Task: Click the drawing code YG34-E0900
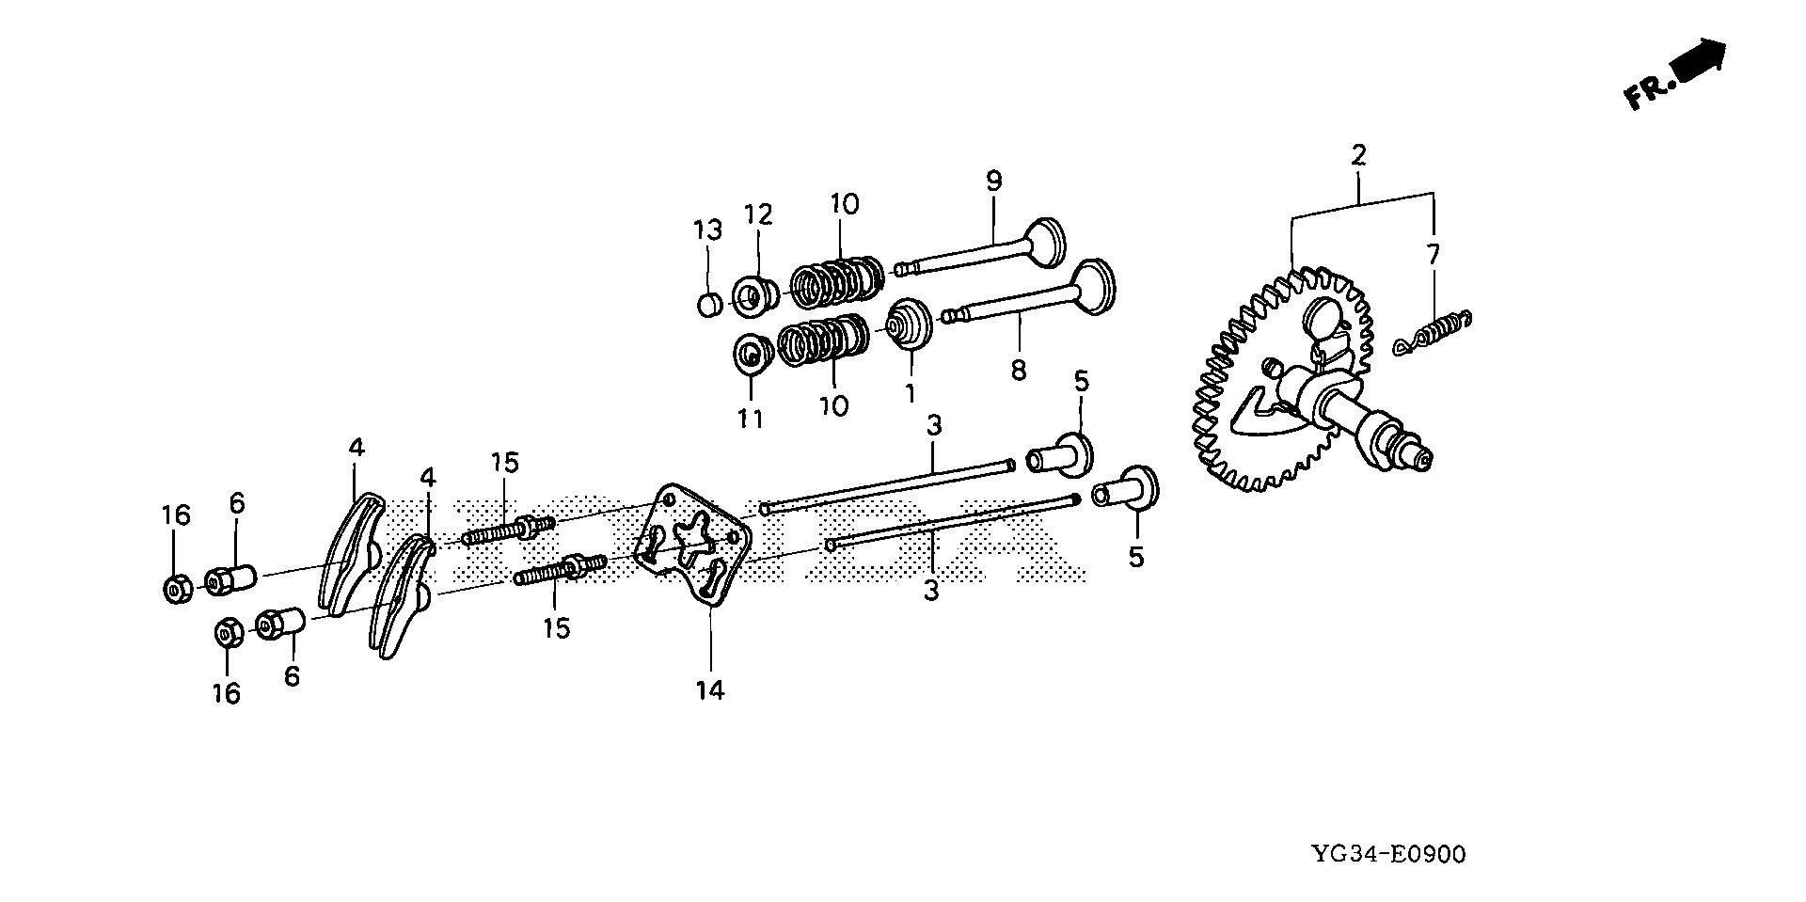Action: click(x=1388, y=855)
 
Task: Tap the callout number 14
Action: click(x=710, y=690)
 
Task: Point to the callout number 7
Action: click(x=1433, y=254)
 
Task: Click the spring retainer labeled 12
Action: click(x=753, y=294)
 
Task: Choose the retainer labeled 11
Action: click(x=752, y=355)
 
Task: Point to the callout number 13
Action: click(x=707, y=229)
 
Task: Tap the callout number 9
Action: click(x=993, y=181)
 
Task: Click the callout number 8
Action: click(x=1019, y=370)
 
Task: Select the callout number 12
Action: click(x=758, y=214)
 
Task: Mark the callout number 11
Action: click(x=750, y=419)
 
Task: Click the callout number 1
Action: click(x=910, y=392)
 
